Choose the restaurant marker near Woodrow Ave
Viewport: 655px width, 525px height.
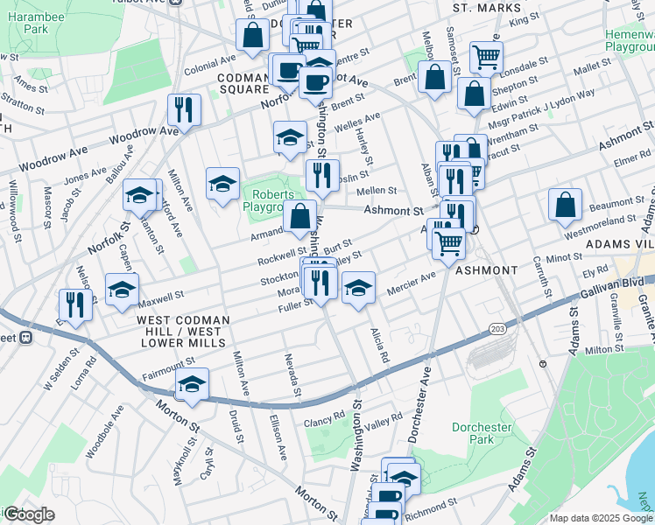coord(184,109)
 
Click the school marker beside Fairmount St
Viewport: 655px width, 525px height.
coord(192,384)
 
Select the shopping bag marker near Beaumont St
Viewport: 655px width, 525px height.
coord(566,206)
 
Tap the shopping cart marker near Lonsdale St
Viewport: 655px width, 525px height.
coord(486,58)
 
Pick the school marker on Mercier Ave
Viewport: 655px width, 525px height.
coord(357,288)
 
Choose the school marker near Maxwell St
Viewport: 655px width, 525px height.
coord(122,290)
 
